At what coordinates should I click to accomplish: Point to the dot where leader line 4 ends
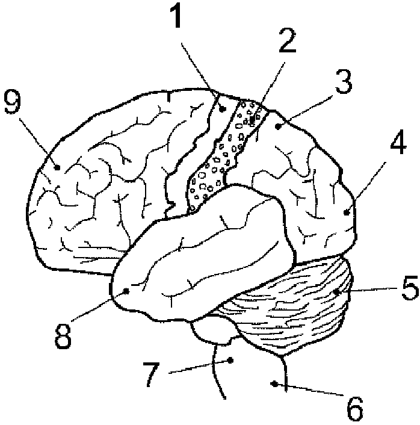pyautogui.click(x=347, y=212)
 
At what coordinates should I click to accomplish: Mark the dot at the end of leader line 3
pyautogui.click(x=278, y=126)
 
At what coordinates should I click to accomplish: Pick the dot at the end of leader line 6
pyautogui.click(x=275, y=383)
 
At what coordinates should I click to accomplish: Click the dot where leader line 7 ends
pyautogui.click(x=231, y=361)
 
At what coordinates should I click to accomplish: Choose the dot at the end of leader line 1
pyautogui.click(x=223, y=109)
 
